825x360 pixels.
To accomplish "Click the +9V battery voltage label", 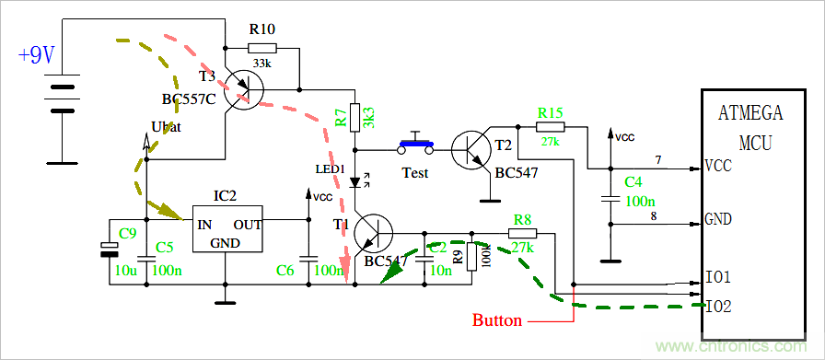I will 37,55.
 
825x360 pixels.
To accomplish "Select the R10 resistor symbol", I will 261,48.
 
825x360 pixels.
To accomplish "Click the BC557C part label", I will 188,99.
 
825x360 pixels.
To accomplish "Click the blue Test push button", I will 417,144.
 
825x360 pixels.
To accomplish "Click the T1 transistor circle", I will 374,234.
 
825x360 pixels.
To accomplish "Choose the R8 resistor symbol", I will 522,233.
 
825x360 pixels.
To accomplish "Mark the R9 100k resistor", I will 471,257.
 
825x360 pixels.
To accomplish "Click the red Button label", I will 497,321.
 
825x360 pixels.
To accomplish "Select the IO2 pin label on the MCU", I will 717,306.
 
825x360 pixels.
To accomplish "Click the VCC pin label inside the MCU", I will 718,167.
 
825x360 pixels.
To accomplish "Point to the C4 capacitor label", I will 633,182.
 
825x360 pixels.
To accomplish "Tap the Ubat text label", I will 165,127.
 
